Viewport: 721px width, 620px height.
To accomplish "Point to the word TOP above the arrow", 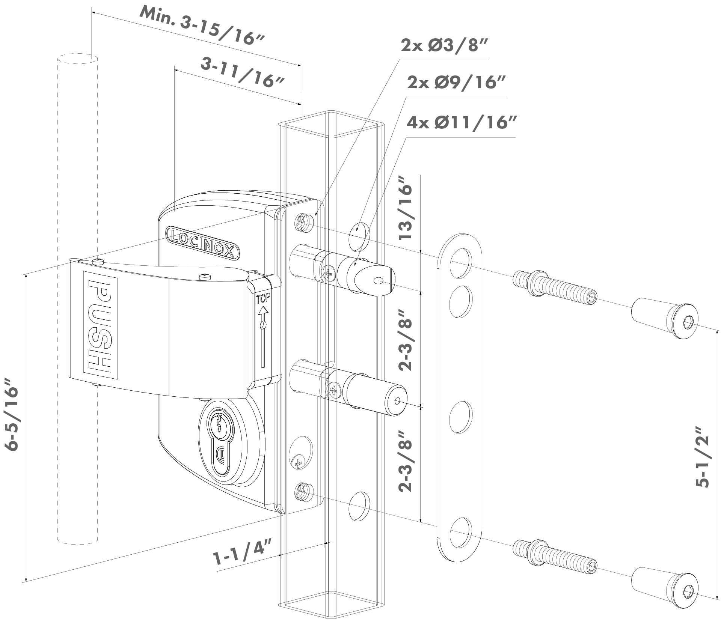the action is [x=263, y=299].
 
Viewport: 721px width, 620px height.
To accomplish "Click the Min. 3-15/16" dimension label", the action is [x=202, y=26].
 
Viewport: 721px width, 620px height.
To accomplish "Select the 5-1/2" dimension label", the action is [x=701, y=456].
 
